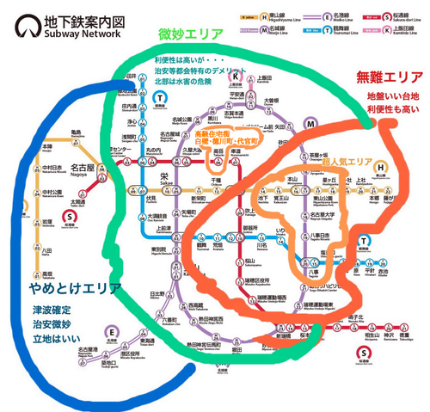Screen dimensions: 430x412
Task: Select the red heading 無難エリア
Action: point(388,77)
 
